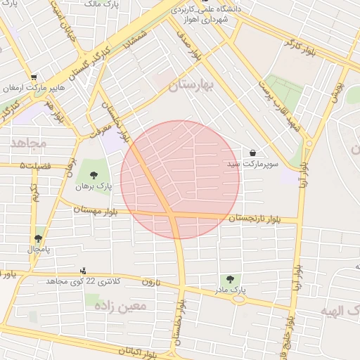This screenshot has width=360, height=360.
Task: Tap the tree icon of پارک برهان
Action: (x=94, y=175)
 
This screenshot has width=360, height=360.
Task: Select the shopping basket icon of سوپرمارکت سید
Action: (x=252, y=153)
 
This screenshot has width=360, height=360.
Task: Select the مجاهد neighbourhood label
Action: (x=28, y=143)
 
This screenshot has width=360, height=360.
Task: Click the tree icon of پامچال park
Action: (x=38, y=239)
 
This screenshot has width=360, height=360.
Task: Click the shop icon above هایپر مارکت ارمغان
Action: (x=33, y=77)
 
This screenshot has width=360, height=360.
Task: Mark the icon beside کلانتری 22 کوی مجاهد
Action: (x=84, y=271)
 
